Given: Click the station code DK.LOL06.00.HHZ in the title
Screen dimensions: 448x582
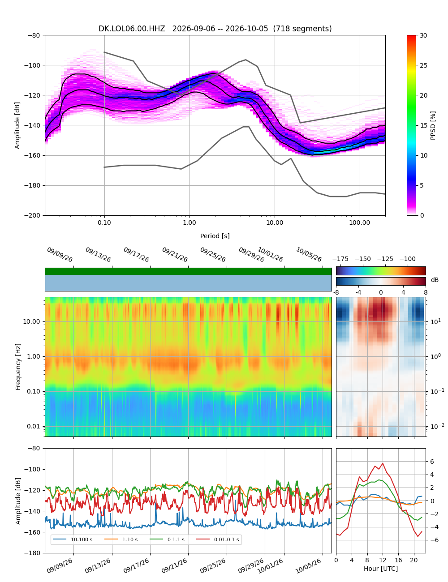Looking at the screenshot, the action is pos(132,29).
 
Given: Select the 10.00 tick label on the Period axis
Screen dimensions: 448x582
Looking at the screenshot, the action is pos(274,223).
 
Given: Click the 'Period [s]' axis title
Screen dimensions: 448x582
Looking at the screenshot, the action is pos(215,235).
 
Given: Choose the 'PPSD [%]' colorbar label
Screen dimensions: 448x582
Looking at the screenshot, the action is pos(432,125).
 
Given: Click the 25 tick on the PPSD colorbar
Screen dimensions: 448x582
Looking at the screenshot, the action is pos(423,65).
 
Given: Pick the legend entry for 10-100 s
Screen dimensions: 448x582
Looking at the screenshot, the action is pos(72,539).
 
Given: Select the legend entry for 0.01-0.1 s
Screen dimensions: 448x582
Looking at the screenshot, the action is pos(218,539).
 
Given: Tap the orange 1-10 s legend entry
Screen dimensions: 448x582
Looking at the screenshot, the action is pos(121,539).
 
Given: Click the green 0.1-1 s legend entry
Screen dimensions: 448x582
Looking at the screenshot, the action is pos(167,539).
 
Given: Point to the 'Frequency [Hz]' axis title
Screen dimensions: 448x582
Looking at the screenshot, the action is pos(18,367).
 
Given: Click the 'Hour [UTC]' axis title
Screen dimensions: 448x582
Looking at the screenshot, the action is pos(380,568).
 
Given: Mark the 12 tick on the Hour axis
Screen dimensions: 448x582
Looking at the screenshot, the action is pos(383,560).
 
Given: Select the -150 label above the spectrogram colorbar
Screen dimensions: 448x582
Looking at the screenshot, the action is pos(363,259).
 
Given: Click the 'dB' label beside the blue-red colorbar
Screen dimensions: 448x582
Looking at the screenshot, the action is pos(435,280).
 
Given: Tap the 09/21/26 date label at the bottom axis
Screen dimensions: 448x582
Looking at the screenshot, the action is pos(174,566).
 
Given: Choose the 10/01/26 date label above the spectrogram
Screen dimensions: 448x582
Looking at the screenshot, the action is pos(270,254).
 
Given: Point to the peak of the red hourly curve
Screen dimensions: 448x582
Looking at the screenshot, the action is pos(383,463).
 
